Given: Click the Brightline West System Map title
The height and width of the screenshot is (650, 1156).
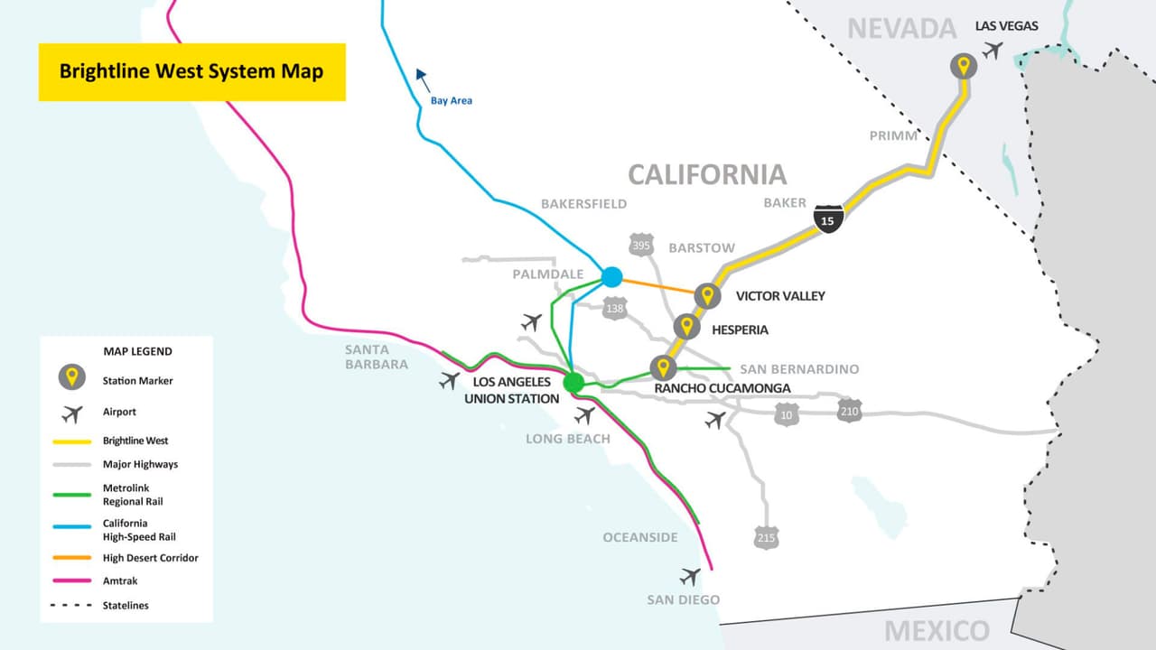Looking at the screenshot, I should point(191,71).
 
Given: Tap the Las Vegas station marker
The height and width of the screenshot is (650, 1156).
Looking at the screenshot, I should point(964,66).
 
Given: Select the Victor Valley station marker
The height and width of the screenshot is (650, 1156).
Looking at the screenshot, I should point(707,295).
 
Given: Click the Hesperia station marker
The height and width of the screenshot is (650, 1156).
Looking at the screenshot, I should point(686,327).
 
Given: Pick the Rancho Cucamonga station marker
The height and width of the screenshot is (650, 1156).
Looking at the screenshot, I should point(663,367).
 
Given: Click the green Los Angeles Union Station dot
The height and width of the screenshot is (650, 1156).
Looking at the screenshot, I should point(573,383).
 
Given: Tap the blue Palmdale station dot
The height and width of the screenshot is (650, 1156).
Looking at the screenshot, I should point(611,276).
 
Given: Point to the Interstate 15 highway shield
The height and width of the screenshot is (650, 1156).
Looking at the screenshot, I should point(827,218).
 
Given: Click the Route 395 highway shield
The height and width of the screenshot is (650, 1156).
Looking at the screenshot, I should point(640,245).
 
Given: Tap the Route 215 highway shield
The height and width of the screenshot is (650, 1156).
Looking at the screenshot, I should point(766,538).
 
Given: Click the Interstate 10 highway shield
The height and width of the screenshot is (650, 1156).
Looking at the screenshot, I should point(787,414).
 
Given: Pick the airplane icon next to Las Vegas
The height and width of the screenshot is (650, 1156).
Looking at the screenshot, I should point(993,50).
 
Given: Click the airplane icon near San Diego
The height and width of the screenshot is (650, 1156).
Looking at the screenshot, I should point(690,576).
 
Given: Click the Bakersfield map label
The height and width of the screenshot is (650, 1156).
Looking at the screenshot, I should point(583,204).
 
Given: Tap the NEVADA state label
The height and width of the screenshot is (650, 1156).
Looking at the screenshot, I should point(901,29).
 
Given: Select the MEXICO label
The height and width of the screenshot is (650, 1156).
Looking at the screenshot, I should point(937,630).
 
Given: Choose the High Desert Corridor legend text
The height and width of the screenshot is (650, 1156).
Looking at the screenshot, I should point(150,558).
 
